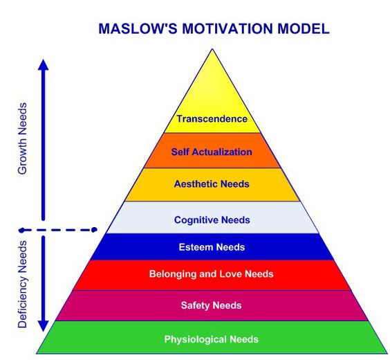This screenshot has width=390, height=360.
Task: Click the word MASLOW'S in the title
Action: pyautogui.click(x=132, y=28)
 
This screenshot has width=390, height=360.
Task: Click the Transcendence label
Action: pyautogui.click(x=212, y=119)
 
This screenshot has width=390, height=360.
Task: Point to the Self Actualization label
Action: pyautogui.click(x=212, y=152)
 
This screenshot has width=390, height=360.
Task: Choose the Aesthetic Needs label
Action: pyautogui.click(x=212, y=185)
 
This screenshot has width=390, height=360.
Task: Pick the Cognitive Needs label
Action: pyautogui.click(x=212, y=220)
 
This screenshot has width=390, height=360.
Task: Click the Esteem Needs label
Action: pyautogui.click(x=212, y=247)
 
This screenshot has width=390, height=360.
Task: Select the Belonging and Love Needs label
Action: pyautogui.click(x=212, y=274)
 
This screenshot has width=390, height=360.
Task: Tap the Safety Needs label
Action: pyautogui.click(x=212, y=305)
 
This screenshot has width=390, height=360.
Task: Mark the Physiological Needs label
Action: pyautogui.click(x=212, y=339)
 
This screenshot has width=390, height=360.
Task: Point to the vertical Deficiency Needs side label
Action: pyautogui.click(x=23, y=284)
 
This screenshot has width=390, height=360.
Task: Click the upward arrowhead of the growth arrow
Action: pyautogui.click(x=43, y=64)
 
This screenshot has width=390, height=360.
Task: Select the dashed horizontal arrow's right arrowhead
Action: pyautogui.click(x=95, y=229)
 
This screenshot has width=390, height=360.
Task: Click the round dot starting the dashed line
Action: pyautogui.click(x=22, y=229)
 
